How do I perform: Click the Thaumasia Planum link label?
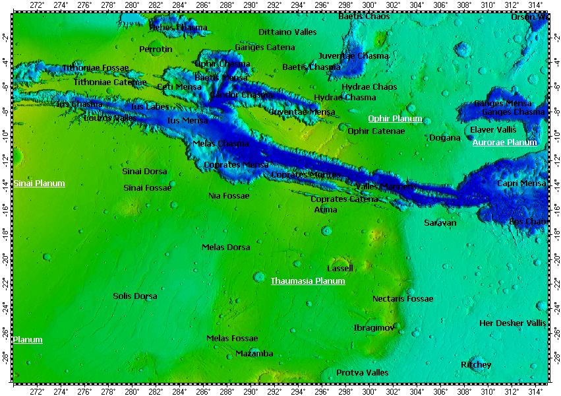pyautogui.click(x=308, y=281)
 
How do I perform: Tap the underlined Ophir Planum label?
pyautogui.click(x=395, y=119)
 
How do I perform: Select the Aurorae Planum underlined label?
pyautogui.click(x=505, y=143)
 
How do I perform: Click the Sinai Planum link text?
pyautogui.click(x=40, y=183)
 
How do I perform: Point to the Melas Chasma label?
pyautogui.click(x=221, y=144)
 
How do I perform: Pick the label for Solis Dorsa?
pyautogui.click(x=135, y=296)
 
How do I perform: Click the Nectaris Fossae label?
pyautogui.click(x=403, y=299)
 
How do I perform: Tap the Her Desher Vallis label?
pyautogui.click(x=513, y=323)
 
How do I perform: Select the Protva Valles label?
pyautogui.click(x=363, y=373)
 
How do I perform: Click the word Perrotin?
pyautogui.click(x=156, y=49)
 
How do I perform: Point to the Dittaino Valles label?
pyautogui.click(x=287, y=32)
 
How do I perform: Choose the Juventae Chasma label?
pyautogui.click(x=353, y=56)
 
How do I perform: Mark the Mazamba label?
pyautogui.click(x=254, y=354)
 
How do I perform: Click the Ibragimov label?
pyautogui.click(x=374, y=328)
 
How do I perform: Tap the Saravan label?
pyautogui.click(x=440, y=223)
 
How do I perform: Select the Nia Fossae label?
pyautogui.click(x=229, y=196)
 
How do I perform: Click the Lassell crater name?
pyautogui.click(x=340, y=269)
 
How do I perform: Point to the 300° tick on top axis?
pyautogui.click(x=369, y=5)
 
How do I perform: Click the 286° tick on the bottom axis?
pyautogui.click(x=203, y=391)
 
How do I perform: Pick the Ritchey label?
pyautogui.click(x=476, y=365)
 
